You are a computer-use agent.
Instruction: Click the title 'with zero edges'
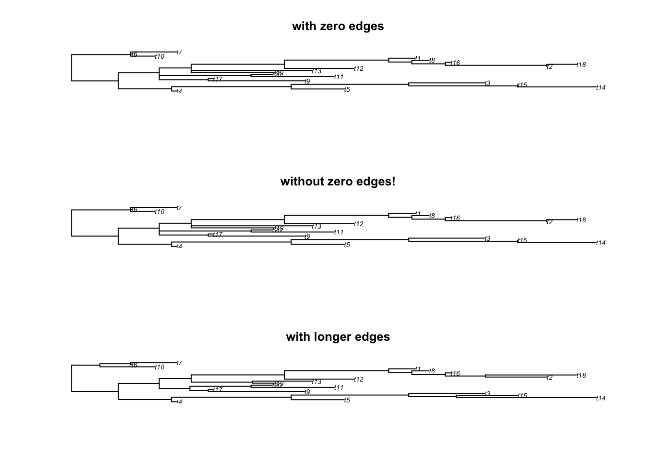pyautogui.click(x=338, y=26)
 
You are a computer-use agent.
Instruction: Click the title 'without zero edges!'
pyautogui.click(x=338, y=182)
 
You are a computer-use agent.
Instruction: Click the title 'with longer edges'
pyautogui.click(x=338, y=337)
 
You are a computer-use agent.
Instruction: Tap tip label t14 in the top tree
pyautogui.click(x=601, y=88)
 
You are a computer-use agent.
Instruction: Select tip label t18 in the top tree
pyautogui.click(x=581, y=65)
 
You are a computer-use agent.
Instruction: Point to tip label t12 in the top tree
pyautogui.click(x=359, y=69)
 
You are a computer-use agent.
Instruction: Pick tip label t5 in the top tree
pyautogui.click(x=347, y=90)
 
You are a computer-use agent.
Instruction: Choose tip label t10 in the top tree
pyautogui.click(x=160, y=57)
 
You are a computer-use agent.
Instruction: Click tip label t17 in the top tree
pyautogui.click(x=218, y=79)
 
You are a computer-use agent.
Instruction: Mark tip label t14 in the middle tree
pyautogui.click(x=601, y=243)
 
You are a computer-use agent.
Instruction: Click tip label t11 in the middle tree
pyautogui.click(x=339, y=233)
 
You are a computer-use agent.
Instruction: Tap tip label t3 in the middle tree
pyautogui.click(x=488, y=239)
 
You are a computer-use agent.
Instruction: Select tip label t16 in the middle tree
pyautogui.click(x=455, y=218)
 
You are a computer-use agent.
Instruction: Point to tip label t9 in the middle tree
pyautogui.click(x=307, y=237)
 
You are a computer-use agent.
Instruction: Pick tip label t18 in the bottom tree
pyautogui.click(x=581, y=376)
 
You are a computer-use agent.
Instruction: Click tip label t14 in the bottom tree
pyautogui.click(x=601, y=399)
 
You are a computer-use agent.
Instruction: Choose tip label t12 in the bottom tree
pyautogui.click(x=359, y=380)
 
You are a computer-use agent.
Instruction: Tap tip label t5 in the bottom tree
pyautogui.click(x=347, y=400)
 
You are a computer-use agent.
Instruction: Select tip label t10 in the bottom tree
pyautogui.click(x=160, y=367)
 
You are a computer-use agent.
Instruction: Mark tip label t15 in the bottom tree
pyautogui.click(x=522, y=396)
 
